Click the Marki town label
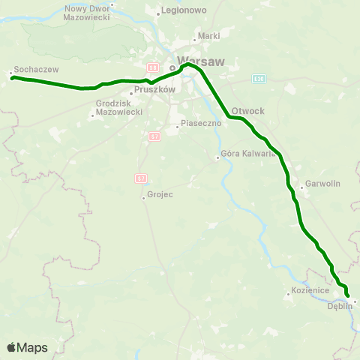point(208,35)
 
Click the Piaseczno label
point(193,126)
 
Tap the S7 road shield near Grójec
point(140,178)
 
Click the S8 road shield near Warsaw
point(151,67)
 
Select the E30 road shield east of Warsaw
point(259,78)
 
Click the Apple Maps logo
point(27,347)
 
